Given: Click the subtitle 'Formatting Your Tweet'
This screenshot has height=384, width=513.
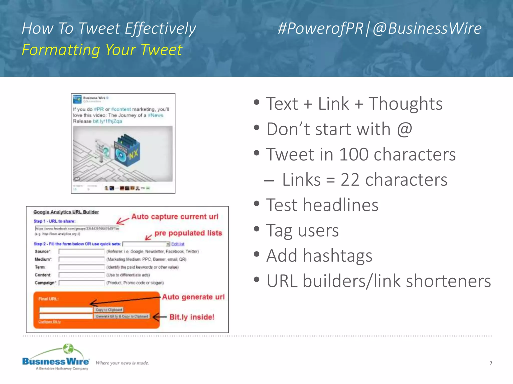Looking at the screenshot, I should click(x=102, y=50).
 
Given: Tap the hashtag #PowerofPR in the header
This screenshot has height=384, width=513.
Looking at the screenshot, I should click(x=320, y=28).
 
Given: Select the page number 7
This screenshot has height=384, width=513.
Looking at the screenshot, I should click(x=491, y=363).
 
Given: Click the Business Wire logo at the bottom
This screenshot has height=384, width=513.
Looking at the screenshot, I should click(x=56, y=357).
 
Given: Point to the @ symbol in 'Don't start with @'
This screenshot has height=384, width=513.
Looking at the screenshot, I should click(x=404, y=129).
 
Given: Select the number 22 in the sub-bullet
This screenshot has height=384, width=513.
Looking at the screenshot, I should click(x=350, y=180).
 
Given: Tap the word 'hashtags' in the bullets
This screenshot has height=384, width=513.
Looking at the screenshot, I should click(x=337, y=256).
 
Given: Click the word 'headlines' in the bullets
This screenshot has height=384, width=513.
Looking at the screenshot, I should click(x=340, y=205).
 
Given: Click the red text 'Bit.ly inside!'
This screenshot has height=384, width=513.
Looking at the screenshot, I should click(x=192, y=317).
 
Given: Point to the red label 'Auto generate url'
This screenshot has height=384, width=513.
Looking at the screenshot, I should click(x=193, y=297).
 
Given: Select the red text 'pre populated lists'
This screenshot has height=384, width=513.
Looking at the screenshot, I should click(x=188, y=233).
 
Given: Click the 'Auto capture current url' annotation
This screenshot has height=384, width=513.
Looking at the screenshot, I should click(x=175, y=216).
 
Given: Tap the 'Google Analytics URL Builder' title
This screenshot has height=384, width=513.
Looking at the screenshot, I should click(x=66, y=212).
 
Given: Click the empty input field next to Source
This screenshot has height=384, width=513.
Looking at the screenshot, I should click(x=81, y=251).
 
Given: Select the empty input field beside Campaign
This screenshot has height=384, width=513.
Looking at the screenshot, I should click(x=81, y=283).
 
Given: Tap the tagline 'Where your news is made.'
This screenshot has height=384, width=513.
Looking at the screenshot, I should click(x=122, y=363).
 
